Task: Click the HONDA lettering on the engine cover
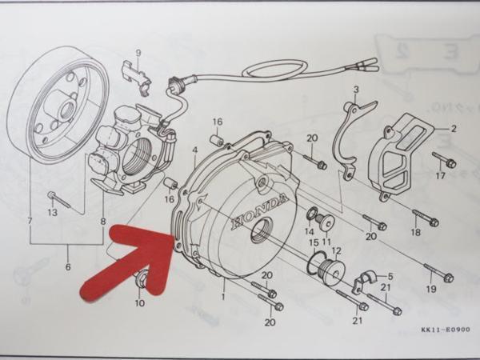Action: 258,212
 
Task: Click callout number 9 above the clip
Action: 138,53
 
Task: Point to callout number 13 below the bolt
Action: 53,213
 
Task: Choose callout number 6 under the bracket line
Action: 68,267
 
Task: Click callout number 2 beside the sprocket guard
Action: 453,128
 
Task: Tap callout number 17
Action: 441,175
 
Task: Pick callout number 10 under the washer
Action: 140,302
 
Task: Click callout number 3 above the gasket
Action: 356,89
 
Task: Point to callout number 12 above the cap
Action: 336,250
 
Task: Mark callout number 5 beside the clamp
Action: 390,275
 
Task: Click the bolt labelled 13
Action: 59,198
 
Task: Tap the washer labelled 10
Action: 142,280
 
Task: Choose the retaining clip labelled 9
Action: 137,73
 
